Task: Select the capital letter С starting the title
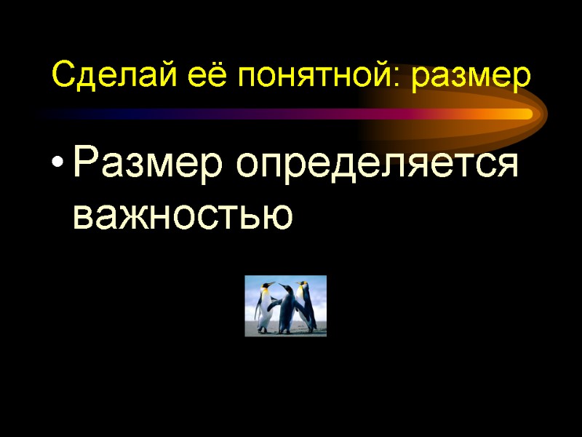tap(62, 75)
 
